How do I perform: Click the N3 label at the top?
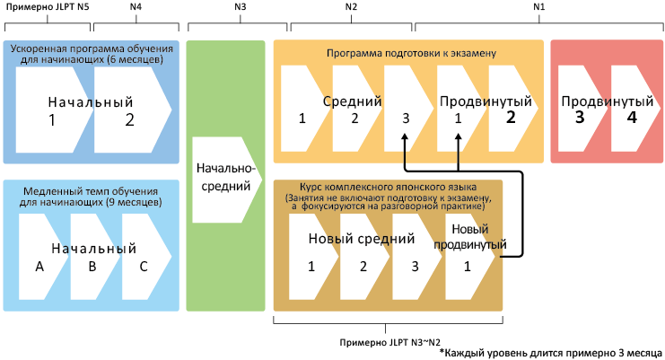[x=240, y=7]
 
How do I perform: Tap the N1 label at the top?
[x=538, y=7]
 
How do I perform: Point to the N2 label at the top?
[x=351, y=7]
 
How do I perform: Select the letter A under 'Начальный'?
[x=39, y=267]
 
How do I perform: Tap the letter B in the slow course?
[x=91, y=267]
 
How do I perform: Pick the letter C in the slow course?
[x=142, y=267]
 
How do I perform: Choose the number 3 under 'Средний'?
[x=406, y=118]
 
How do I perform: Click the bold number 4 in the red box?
[x=632, y=117]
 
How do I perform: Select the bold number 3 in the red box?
[x=580, y=117]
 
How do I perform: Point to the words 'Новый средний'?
[x=362, y=240]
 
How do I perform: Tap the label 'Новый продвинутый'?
[x=468, y=237]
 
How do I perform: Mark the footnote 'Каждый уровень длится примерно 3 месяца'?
[x=552, y=353]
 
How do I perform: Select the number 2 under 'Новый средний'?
[x=363, y=267]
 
